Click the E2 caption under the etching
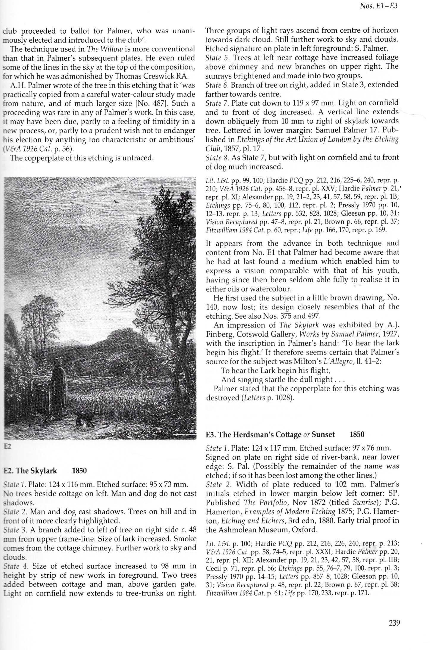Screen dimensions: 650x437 (x=7, y=447)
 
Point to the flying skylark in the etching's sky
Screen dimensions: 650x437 (x=117, y=202)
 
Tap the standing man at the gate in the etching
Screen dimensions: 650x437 (x=59, y=393)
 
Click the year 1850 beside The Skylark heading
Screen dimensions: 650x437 (x=79, y=471)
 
